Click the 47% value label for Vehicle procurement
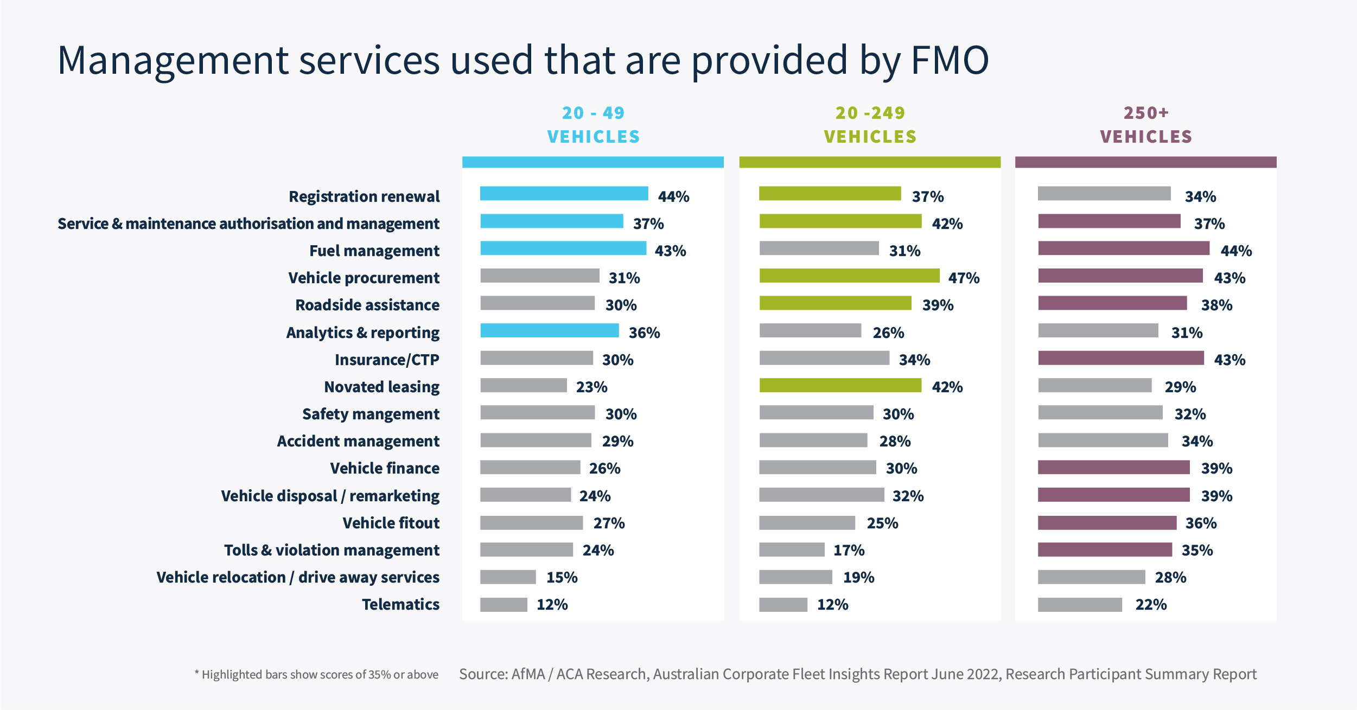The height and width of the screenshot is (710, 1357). point(964,278)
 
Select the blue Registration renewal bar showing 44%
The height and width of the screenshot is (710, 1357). point(564,194)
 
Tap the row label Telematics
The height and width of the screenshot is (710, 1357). point(400,604)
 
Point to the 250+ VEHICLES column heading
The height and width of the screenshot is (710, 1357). point(1146,125)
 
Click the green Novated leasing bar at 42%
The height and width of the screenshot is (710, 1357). point(840,386)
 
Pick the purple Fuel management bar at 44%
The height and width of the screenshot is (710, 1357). point(1123,248)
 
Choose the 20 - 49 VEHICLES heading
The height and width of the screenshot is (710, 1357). point(593,125)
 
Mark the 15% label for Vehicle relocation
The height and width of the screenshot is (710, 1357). point(562,578)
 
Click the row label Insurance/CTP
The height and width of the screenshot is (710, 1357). point(386,360)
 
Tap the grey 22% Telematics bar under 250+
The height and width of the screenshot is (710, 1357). point(1080,605)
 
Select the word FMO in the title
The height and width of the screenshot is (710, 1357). point(950,60)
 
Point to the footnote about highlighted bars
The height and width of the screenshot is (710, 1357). point(316,675)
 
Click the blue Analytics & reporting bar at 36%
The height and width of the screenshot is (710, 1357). point(549,330)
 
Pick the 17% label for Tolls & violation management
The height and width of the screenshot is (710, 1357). point(849,551)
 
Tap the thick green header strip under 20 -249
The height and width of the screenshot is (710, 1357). point(869,162)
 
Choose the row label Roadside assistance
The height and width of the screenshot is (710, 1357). point(367,305)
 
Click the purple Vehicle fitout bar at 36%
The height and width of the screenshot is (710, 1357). point(1107,523)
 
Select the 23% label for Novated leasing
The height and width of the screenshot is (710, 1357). point(591,387)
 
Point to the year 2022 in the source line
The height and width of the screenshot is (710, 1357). point(984,674)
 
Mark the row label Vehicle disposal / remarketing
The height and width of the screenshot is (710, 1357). point(330,496)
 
